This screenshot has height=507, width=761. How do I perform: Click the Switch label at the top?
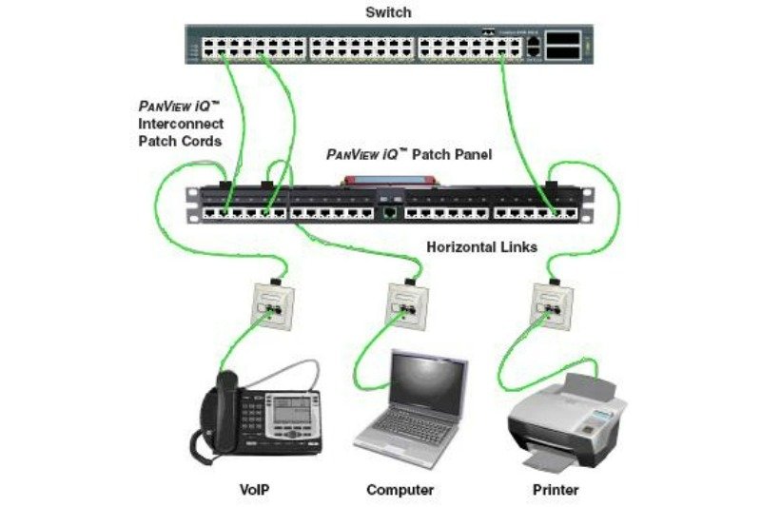pyautogui.click(x=390, y=12)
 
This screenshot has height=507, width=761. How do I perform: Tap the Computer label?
pyautogui.click(x=400, y=491)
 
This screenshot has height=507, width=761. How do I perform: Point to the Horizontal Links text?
pyautogui.click(x=481, y=247)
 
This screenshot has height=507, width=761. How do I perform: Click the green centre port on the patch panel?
pyautogui.click(x=390, y=210)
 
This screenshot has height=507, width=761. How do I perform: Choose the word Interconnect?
pyautogui.click(x=181, y=125)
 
